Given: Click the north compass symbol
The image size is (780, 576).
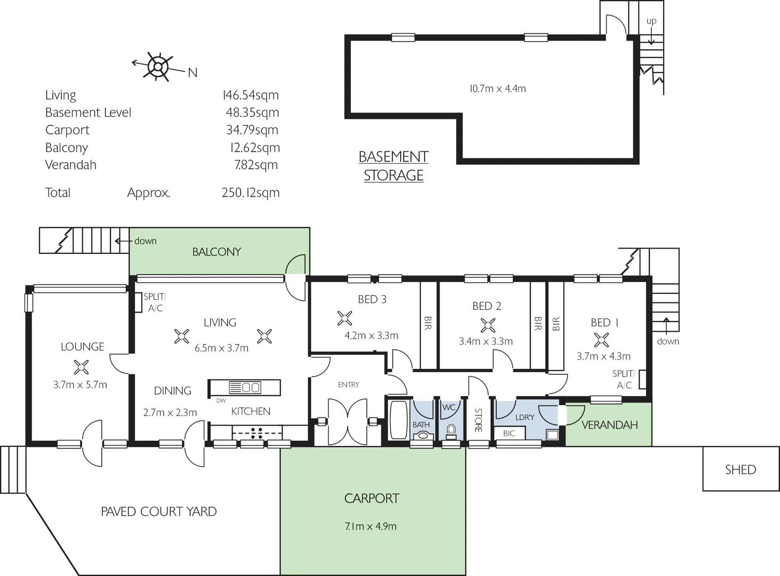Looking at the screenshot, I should tap(158, 67).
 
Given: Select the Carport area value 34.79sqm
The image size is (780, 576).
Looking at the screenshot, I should tap(252, 130).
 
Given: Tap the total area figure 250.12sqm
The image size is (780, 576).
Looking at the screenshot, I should tap(250, 193).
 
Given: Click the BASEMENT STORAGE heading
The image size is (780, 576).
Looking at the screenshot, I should tap(394, 166).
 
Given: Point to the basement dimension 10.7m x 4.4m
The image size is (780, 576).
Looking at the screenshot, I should tap(497, 89).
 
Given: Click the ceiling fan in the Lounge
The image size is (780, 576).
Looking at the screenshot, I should tap(81, 367).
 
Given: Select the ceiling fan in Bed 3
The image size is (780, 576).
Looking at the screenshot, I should tap(345, 318).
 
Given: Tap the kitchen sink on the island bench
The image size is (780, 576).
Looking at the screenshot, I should tap(251, 387).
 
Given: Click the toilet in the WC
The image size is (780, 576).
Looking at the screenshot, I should tap(451, 430).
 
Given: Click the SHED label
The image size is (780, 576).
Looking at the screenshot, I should tap(740, 470).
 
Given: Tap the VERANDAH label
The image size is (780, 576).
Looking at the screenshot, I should tap(609, 425).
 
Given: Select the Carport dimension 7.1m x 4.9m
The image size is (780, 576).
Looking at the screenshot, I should tap(371, 526).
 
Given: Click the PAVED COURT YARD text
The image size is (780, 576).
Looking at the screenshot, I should tap(158, 512).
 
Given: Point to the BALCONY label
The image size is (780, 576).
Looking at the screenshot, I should tap(217, 252).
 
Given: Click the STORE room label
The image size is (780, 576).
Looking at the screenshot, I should tap(478, 420).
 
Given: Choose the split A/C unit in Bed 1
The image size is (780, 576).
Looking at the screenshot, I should tap(643, 379).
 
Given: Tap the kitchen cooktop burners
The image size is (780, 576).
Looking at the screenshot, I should tap(256, 433).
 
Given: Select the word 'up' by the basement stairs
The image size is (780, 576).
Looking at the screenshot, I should tap(651, 21).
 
